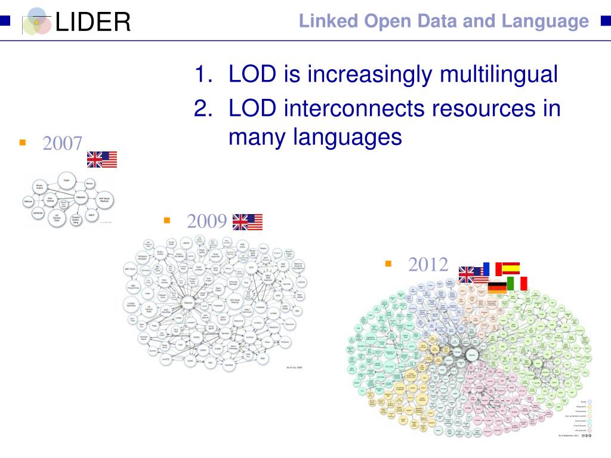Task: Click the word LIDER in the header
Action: pos(92,23)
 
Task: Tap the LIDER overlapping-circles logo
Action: pos(37,21)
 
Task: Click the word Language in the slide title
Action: pos(545,21)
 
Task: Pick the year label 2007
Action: pos(62,144)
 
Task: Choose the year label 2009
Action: pos(206,222)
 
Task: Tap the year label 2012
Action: pos(428,264)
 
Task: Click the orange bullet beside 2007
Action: pos(23,143)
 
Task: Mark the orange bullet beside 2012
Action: pos(388,263)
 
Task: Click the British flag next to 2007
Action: pos(94,159)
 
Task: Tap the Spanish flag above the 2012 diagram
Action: pos(511,268)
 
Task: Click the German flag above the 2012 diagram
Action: pos(496,287)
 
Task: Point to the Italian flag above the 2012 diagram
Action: pos(517,283)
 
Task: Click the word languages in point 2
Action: pos(345,137)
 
